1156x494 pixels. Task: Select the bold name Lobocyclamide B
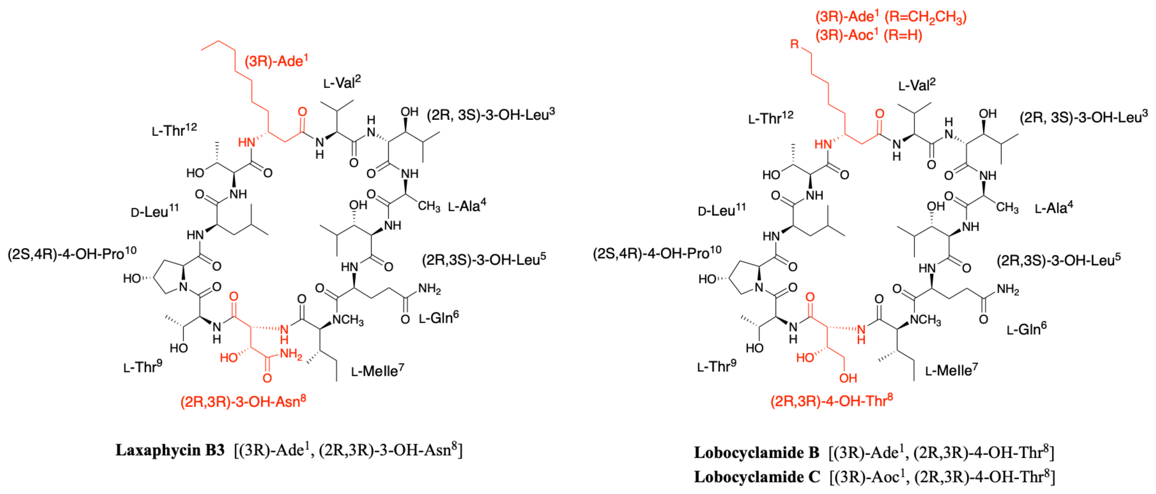(757, 453)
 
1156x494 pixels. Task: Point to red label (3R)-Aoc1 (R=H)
(868, 35)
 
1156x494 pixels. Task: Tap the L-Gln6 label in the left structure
(438, 317)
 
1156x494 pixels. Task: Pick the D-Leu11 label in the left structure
(155, 211)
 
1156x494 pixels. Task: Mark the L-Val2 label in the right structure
(917, 85)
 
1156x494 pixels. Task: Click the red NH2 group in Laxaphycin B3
(291, 354)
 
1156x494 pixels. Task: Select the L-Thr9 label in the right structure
(716, 366)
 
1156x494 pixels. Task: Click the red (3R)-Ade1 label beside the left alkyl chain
(276, 60)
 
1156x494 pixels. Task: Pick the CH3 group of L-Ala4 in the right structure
(1007, 208)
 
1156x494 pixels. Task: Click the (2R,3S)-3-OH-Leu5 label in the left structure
(484, 260)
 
